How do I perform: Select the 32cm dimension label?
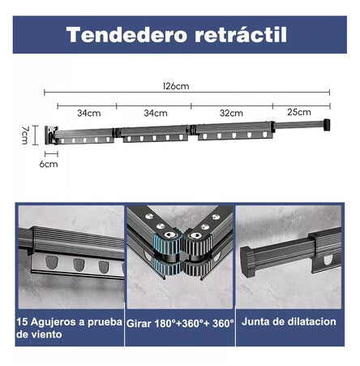coord(231,113)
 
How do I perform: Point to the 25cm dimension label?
coord(299,113)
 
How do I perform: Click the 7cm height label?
coord(24,133)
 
